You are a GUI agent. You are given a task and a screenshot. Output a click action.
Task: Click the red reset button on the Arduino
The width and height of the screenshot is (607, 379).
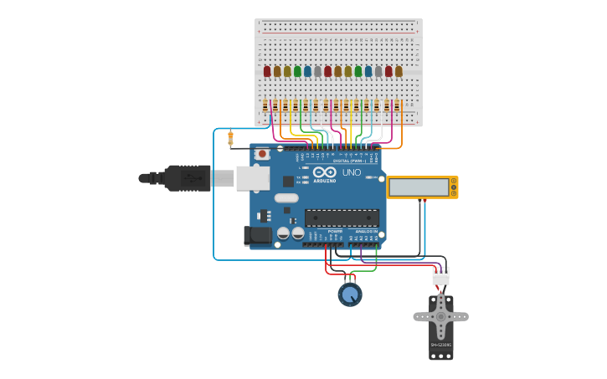(x=262, y=154)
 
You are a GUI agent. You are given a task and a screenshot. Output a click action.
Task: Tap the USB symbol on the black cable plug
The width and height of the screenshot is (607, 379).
(x=190, y=178)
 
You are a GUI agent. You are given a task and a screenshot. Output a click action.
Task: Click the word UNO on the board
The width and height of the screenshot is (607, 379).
(x=352, y=172)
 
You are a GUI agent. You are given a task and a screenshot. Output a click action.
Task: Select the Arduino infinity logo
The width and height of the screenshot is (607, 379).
(x=325, y=172)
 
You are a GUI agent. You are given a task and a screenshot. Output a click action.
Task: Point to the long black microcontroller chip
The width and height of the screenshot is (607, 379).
(x=342, y=218)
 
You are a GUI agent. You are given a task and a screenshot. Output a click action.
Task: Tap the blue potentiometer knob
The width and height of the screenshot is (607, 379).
(x=350, y=294)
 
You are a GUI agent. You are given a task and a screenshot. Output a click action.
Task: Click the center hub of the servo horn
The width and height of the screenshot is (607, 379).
(x=441, y=317)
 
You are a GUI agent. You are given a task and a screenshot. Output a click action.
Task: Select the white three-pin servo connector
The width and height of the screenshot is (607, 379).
(x=440, y=276)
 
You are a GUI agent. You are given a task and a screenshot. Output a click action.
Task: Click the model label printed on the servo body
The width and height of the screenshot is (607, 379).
(x=441, y=345)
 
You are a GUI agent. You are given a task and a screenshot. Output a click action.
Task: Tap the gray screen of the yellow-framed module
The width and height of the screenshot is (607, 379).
(x=419, y=187)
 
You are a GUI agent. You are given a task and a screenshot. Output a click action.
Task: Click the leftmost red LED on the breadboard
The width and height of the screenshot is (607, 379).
(x=267, y=72)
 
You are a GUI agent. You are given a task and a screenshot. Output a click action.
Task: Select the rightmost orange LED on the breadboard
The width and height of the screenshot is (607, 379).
(x=399, y=72)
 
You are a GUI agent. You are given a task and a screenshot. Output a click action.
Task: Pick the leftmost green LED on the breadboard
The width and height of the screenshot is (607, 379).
(x=297, y=72)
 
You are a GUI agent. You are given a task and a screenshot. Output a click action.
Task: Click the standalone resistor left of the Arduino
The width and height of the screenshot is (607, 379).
(x=230, y=138)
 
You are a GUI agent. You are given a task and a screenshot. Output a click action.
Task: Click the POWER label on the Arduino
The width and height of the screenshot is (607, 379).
(x=335, y=231)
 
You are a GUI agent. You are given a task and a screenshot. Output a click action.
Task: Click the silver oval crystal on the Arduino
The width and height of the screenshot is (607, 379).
(x=286, y=198)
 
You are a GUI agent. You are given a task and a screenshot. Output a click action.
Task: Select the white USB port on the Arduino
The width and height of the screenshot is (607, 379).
(x=252, y=177)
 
